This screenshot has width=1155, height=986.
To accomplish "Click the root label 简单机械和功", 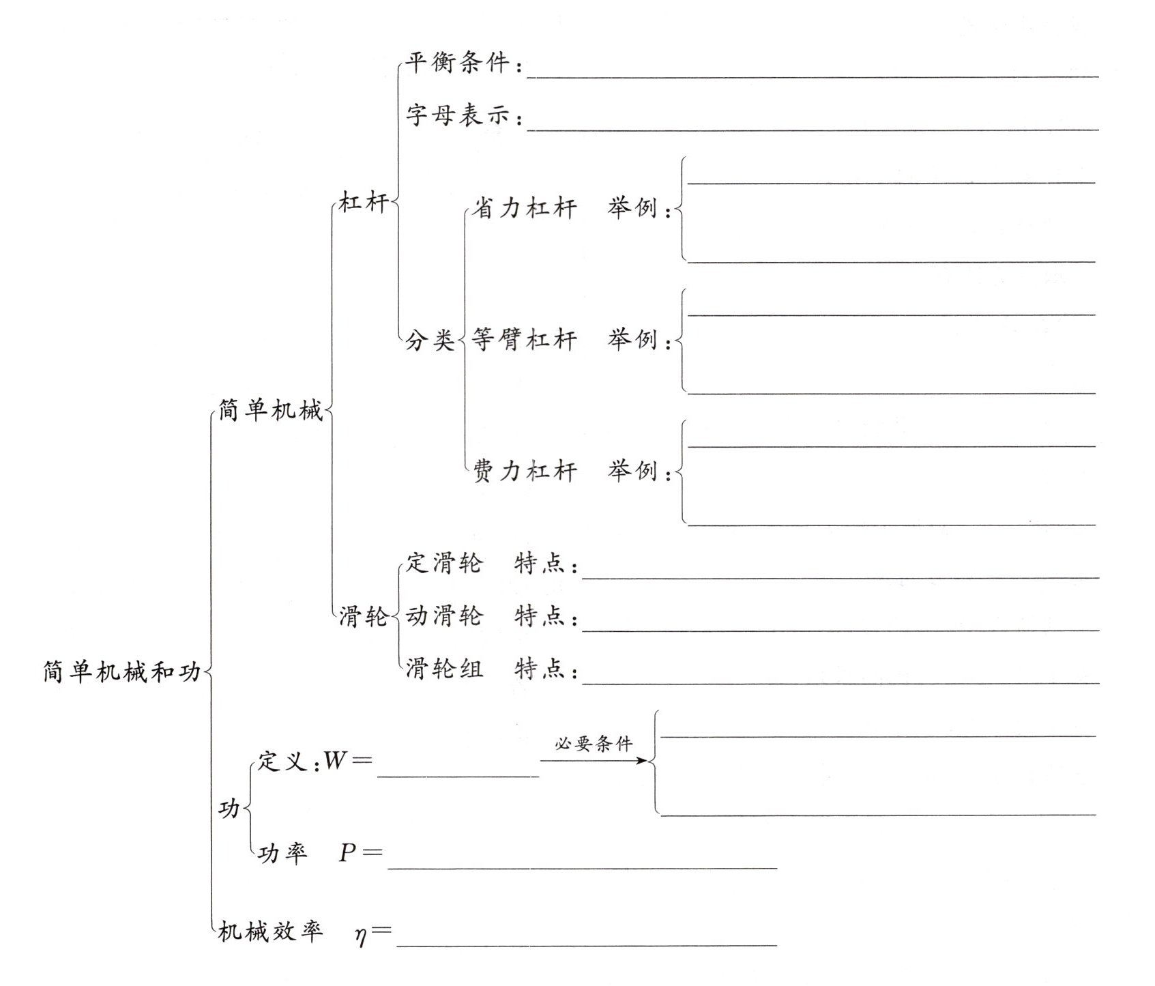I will [122, 672].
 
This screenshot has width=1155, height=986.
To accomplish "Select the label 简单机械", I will [270, 411].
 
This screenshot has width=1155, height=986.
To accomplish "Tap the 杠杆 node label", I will [364, 202].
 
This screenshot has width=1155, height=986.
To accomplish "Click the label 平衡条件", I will [457, 63].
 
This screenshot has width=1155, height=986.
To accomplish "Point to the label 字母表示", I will [457, 115].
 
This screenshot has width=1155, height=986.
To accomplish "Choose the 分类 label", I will [430, 340].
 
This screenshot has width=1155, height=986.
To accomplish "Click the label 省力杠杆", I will [524, 208].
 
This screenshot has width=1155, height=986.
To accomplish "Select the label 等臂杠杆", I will [524, 340].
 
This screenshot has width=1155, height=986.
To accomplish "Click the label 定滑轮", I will [444, 564].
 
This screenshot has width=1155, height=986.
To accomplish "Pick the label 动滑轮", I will [444, 616].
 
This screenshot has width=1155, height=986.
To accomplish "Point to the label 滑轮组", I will [444, 669].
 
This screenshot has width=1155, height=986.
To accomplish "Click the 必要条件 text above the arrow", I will [594, 743].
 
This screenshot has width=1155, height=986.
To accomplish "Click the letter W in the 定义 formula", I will [336, 760].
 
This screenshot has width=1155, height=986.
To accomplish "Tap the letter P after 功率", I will [348, 853].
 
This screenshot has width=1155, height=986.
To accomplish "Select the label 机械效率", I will [270, 931].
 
